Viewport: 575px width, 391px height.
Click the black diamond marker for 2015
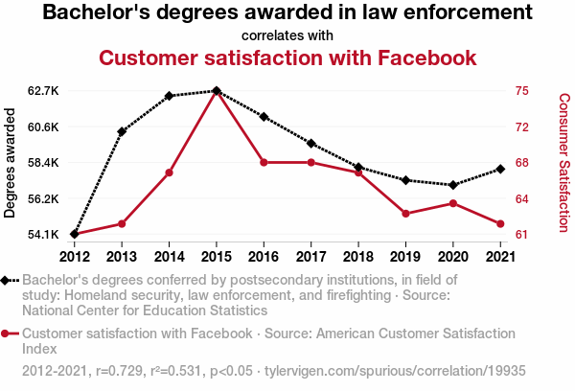click(x=216, y=91)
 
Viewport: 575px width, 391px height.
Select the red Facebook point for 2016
click(x=264, y=163)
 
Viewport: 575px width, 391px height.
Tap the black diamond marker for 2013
click(x=122, y=131)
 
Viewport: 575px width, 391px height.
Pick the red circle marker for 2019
click(x=405, y=213)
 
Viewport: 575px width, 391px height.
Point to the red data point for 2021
click(x=500, y=224)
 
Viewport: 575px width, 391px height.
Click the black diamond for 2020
click(x=452, y=185)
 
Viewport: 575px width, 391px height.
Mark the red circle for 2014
click(x=169, y=172)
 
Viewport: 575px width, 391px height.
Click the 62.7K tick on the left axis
click(x=44, y=91)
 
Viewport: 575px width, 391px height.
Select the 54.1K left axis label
click(x=44, y=235)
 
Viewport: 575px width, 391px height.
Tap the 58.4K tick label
click(x=44, y=163)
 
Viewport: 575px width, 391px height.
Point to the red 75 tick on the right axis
click(x=522, y=91)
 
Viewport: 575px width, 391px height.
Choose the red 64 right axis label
click(x=522, y=199)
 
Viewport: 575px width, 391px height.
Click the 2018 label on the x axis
click(x=357, y=256)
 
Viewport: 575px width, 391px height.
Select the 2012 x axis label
click(x=74, y=256)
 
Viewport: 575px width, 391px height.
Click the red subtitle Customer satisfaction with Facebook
click(x=287, y=57)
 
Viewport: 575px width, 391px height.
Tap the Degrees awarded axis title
click(x=11, y=163)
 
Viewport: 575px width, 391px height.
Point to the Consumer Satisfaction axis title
click(x=563, y=163)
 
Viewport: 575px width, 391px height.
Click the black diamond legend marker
click(x=8, y=280)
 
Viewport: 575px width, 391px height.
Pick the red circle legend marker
click(x=8, y=333)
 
